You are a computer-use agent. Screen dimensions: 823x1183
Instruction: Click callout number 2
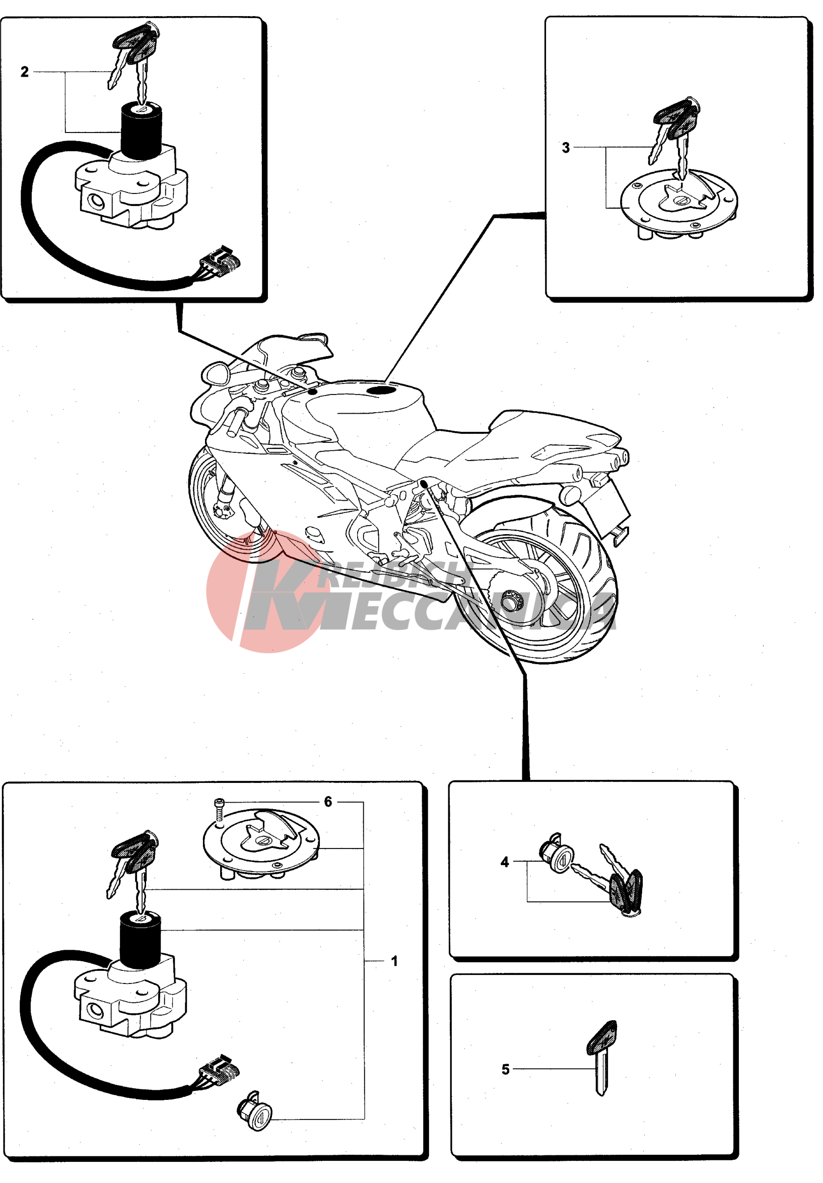point(25,72)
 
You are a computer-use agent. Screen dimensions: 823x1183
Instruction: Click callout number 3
point(566,148)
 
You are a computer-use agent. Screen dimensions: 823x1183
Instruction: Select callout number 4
point(504,862)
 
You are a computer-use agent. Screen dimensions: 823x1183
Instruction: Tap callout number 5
point(505,1070)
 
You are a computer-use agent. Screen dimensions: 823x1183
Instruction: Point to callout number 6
point(328,802)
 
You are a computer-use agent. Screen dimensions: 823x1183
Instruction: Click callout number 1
point(394,961)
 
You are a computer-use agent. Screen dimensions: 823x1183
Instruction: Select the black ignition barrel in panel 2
point(141,131)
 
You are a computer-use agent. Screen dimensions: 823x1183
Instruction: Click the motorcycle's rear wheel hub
point(512,599)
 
